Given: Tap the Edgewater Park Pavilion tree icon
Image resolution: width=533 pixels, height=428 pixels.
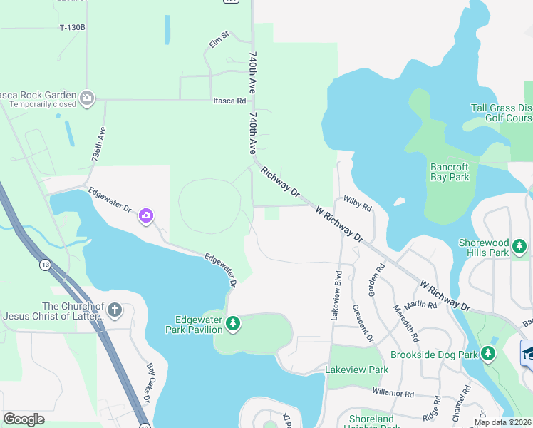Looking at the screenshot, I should [x=232, y=325].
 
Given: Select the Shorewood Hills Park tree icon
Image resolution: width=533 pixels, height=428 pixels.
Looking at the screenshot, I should [x=519, y=247].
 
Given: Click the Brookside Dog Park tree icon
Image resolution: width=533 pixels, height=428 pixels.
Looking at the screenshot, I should [x=487, y=353].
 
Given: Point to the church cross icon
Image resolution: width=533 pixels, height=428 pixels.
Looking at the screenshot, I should [x=115, y=310].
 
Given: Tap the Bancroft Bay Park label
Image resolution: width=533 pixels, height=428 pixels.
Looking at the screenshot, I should [x=450, y=172].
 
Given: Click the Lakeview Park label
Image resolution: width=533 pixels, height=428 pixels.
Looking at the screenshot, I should [x=356, y=370].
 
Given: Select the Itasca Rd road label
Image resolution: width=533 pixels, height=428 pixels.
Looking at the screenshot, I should [x=229, y=101].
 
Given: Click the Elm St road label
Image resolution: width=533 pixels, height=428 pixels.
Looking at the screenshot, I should [x=219, y=39].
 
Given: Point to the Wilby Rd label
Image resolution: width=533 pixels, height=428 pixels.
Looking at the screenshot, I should [x=358, y=204].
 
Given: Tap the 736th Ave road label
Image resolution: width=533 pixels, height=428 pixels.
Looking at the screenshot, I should [x=99, y=144].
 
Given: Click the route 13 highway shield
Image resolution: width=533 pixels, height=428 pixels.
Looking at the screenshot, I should [x=46, y=265].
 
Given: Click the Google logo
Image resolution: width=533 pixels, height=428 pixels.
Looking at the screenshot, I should [x=24, y=419].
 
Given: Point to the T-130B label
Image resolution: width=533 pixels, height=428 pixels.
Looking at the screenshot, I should [x=72, y=27].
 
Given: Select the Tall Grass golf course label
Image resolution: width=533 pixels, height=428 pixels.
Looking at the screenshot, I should [x=501, y=113].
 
